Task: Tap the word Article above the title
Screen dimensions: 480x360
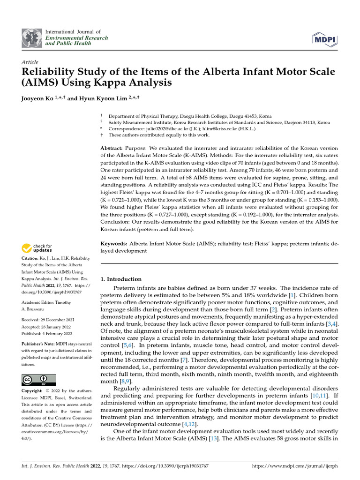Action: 30,62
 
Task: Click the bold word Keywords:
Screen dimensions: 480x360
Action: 114,244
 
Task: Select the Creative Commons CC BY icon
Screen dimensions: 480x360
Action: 39,380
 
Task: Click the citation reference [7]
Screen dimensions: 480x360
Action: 184,359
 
